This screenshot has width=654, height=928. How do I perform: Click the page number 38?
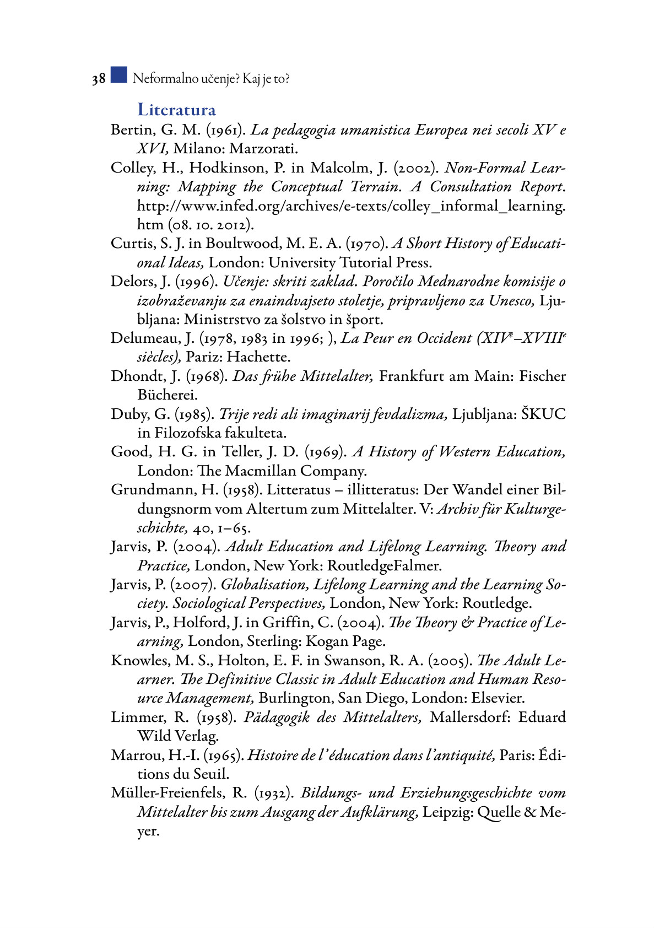coord(99,79)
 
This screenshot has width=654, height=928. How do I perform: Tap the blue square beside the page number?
coord(118,75)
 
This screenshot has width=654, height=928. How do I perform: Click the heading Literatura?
coord(176,110)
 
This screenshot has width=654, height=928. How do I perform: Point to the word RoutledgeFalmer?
coord(384,566)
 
